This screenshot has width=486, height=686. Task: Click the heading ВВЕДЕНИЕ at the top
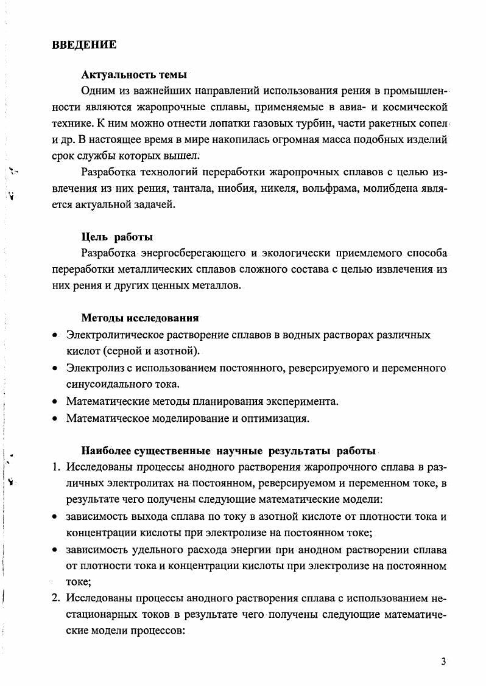click(x=84, y=44)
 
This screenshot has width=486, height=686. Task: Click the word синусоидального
click(x=108, y=385)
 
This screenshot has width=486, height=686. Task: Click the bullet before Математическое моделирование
click(x=55, y=419)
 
